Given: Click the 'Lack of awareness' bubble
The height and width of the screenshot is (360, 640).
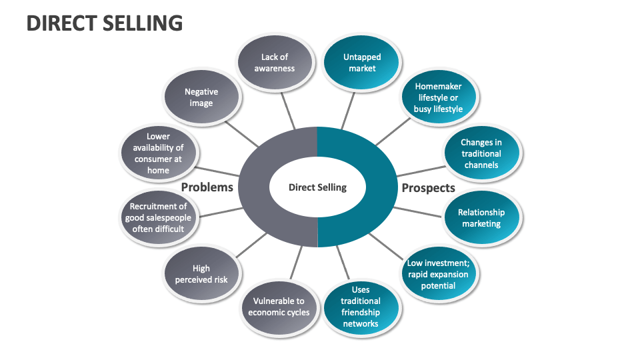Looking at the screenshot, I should point(275,63).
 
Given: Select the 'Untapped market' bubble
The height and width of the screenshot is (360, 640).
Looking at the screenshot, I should point(362,63).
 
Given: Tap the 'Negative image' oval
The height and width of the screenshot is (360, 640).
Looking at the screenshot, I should point(201,97).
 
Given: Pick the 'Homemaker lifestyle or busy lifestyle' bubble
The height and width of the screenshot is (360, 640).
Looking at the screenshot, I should point(438,97).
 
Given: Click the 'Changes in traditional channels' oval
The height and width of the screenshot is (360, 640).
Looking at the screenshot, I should point(481,153).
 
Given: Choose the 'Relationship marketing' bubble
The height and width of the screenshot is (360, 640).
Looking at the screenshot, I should point(481,218).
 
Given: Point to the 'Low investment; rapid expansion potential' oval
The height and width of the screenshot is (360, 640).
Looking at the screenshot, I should point(438,274).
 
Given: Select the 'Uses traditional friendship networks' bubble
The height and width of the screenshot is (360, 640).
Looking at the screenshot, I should point(361,307).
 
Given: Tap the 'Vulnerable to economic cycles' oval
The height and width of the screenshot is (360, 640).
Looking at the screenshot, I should point(279,307).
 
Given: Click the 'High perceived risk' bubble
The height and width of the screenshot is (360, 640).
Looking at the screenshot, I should point(201,274).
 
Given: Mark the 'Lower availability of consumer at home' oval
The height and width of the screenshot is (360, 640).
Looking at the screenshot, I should point(159,153).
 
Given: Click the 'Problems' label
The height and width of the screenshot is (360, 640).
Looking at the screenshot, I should point(207,187).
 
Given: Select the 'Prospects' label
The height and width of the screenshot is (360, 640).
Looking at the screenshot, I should point(428,188).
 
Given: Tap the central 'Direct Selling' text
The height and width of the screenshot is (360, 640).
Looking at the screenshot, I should point(317,187).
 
